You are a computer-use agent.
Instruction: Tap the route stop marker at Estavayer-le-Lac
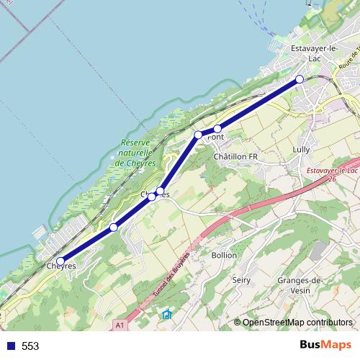pyautogui.click(x=300, y=79)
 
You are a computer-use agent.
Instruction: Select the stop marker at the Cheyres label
pyautogui.click(x=60, y=261)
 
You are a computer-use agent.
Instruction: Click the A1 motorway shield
pyautogui.click(x=120, y=325)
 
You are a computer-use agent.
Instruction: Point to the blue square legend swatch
pyautogui.click(x=10, y=346)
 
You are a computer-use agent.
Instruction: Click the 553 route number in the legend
pyautogui.click(x=30, y=346)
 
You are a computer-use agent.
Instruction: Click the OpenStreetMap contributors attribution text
pyautogui.click(x=297, y=323)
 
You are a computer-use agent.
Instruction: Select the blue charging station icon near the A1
pyautogui.click(x=167, y=314)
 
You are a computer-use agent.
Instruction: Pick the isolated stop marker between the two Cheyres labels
pyautogui.click(x=114, y=228)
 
